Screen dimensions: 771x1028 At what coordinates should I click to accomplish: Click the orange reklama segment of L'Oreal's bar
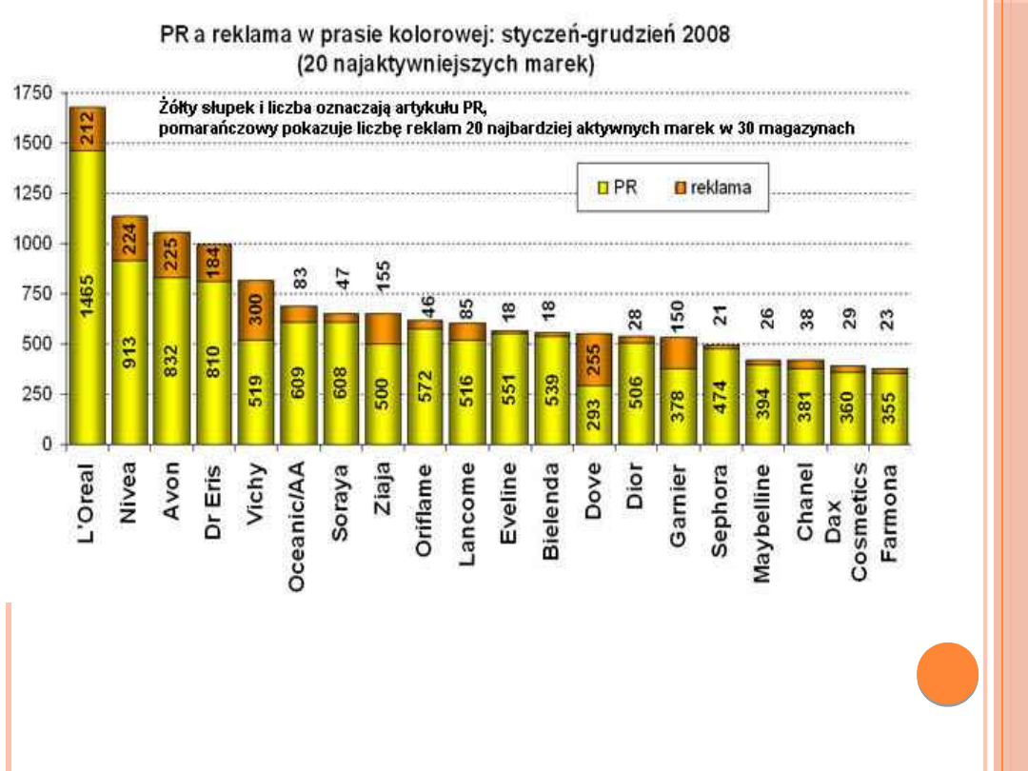(x=87, y=129)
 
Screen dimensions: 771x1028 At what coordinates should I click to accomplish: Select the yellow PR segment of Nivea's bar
(x=128, y=352)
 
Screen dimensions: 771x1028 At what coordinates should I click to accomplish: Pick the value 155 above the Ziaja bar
(x=383, y=276)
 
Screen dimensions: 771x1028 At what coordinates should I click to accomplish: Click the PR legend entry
(x=618, y=188)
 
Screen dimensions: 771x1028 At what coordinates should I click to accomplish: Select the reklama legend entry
(x=713, y=188)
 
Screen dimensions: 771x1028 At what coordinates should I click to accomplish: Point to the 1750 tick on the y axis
(x=32, y=93)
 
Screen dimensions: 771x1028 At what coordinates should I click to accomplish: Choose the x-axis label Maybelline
(x=761, y=523)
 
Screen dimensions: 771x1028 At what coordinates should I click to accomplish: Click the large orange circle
(x=947, y=674)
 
